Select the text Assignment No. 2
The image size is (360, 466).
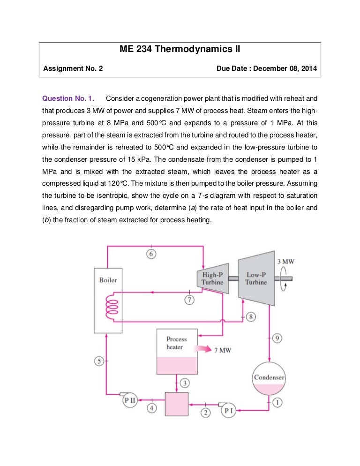click(x=73, y=68)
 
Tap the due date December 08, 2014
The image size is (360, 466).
click(x=267, y=68)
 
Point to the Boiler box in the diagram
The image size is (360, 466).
click(x=108, y=301)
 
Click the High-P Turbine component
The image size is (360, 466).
click(x=212, y=278)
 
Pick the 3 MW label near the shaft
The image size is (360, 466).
click(x=285, y=261)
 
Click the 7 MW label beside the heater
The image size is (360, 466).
click(x=222, y=350)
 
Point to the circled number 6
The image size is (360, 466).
click(x=151, y=254)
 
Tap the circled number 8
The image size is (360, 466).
click(x=251, y=317)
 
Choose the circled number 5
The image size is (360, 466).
click(x=99, y=361)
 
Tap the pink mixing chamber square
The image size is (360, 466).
click(x=177, y=404)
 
